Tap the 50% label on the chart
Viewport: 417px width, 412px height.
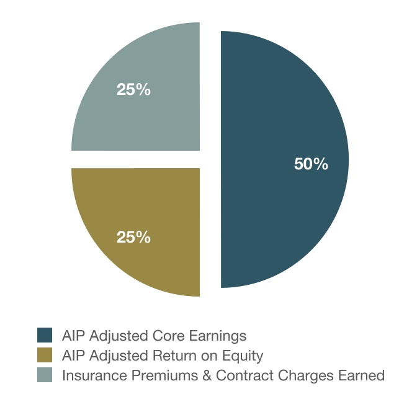click(310, 164)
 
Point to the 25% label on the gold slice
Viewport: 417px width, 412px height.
click(133, 237)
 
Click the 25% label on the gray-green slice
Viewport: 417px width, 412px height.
click(133, 89)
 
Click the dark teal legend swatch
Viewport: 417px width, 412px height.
click(45, 336)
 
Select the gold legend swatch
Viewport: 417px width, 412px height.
click(45, 356)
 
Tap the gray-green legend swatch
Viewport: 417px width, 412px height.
click(45, 375)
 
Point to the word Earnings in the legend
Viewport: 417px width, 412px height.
click(219, 336)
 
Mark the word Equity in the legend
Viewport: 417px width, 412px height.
click(243, 356)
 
